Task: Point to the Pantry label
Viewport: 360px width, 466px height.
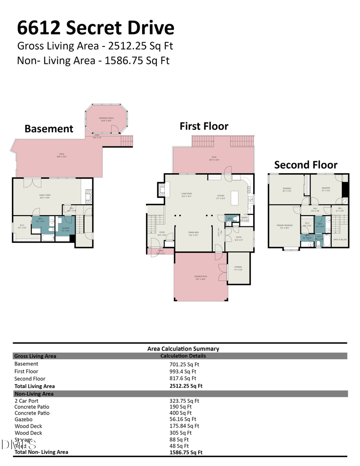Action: pyautogui.click(x=244, y=218)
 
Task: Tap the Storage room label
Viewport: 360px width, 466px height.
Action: pyautogui.click(x=238, y=268)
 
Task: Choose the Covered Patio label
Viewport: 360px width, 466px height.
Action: pyautogui.click(x=201, y=278)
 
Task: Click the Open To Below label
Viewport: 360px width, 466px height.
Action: pyautogui.click(x=340, y=240)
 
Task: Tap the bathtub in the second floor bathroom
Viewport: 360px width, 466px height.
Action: pyautogui.click(x=326, y=241)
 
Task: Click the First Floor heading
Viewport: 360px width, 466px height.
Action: pyautogui.click(x=204, y=126)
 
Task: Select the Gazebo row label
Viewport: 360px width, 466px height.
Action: pyautogui.click(x=24, y=419)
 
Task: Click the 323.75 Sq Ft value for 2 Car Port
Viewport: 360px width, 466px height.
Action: pyautogui.click(x=184, y=400)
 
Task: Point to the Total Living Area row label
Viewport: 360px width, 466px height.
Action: pyautogui.click(x=34, y=386)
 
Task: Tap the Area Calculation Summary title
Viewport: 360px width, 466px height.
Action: pyautogui.click(x=183, y=348)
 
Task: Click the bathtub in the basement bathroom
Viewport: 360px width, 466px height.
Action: pyautogui.click(x=48, y=238)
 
